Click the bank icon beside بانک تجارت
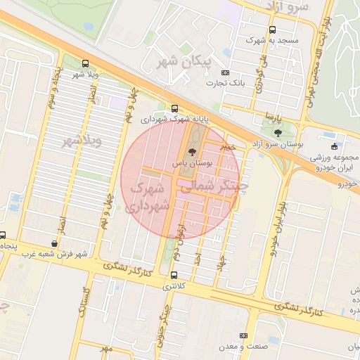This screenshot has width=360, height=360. (225, 72)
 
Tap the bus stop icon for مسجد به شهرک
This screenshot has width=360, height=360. (272, 30)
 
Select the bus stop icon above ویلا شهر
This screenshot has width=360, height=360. (85, 63)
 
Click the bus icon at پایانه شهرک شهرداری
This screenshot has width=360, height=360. (174, 108)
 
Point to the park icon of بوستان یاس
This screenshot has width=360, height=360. (192, 151)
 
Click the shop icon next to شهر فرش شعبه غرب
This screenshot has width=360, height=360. (55, 243)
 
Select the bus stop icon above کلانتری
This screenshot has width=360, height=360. (174, 275)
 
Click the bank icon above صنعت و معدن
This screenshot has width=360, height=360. (244, 336)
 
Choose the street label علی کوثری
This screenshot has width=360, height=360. (258, 78)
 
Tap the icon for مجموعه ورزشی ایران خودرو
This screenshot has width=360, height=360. (333, 146)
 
